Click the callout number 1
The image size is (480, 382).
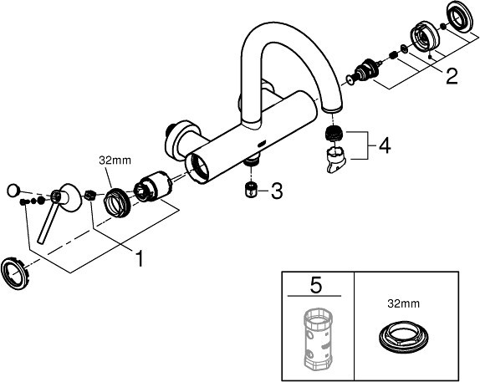click(x=140, y=258)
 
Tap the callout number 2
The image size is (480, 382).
click(x=452, y=76)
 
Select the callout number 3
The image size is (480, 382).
click(x=277, y=191)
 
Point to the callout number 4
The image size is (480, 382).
click(x=385, y=145)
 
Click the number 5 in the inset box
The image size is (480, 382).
click(x=316, y=285)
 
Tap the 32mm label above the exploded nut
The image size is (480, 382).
click(x=115, y=160)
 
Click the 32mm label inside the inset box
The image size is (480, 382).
click(x=403, y=303)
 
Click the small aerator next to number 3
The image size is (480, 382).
click(x=252, y=190)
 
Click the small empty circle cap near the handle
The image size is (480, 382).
click(x=13, y=191)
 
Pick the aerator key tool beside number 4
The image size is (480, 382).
click(x=335, y=159)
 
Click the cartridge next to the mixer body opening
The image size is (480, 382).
click(x=153, y=186)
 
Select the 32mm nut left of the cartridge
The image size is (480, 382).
click(x=118, y=202)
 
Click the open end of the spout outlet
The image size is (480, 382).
click(x=331, y=109)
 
